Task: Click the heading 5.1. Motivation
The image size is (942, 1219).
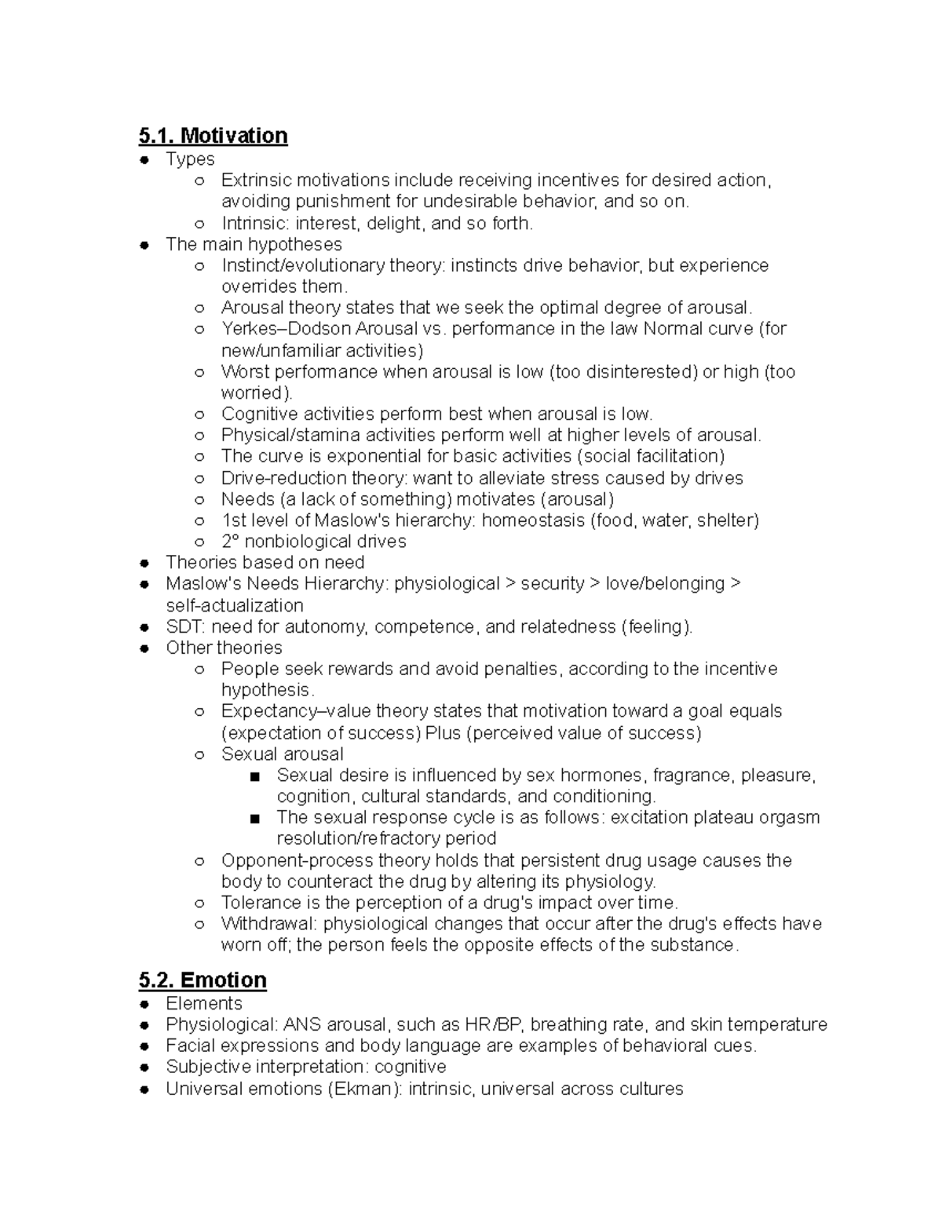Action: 213,136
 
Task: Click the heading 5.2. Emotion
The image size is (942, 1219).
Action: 203,980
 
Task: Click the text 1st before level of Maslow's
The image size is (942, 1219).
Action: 234,520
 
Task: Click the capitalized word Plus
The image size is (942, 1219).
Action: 443,733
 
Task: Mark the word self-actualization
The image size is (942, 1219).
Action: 234,606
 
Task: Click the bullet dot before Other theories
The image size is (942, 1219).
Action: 144,648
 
